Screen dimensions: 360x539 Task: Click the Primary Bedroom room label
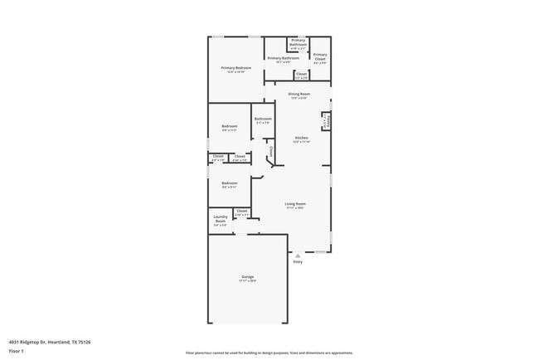pos(236,67)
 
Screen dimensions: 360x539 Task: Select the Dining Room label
pos(299,94)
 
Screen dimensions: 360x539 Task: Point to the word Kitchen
pos(302,137)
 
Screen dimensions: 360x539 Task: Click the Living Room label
pos(295,203)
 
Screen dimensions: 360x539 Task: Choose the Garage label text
pos(248,276)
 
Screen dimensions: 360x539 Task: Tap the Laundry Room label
pos(221,219)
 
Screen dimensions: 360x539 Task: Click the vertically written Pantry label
pos(328,122)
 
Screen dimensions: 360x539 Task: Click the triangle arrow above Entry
pos(298,255)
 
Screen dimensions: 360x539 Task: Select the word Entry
pos(298,262)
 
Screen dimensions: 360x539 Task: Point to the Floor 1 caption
pos(17,351)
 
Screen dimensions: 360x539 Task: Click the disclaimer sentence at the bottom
pos(269,352)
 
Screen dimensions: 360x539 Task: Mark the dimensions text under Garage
pos(248,281)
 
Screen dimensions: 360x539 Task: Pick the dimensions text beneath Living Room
pos(295,208)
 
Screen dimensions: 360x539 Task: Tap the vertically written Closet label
pos(270,152)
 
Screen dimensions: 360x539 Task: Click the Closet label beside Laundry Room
pos(242,211)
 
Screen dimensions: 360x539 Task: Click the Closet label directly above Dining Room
pos(300,74)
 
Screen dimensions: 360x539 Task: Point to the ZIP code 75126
pos(85,342)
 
